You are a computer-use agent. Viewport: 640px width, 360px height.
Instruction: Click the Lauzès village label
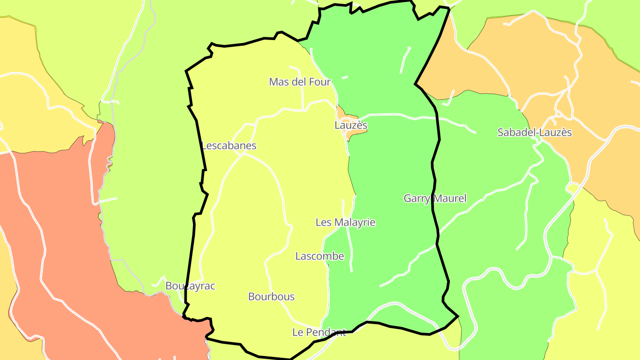351,125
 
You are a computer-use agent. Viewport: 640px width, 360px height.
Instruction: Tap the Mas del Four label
300,82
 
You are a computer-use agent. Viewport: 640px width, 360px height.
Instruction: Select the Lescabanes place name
229,146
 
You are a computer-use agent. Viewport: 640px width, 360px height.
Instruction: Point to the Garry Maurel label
435,198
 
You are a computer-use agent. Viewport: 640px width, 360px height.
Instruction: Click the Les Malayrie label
345,222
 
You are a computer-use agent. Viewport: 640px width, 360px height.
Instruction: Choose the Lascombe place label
320,256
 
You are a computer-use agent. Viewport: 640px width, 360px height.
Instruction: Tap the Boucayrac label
190,286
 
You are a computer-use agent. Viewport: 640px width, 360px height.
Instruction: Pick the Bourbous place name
271,297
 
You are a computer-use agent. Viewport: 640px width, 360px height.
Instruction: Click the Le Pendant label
319,332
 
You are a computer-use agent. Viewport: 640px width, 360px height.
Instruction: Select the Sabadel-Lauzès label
534,132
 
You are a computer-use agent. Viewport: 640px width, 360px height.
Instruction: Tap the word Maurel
449,198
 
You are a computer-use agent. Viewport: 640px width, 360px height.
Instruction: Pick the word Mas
279,82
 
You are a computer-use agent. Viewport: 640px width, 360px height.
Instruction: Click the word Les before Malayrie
323,222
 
